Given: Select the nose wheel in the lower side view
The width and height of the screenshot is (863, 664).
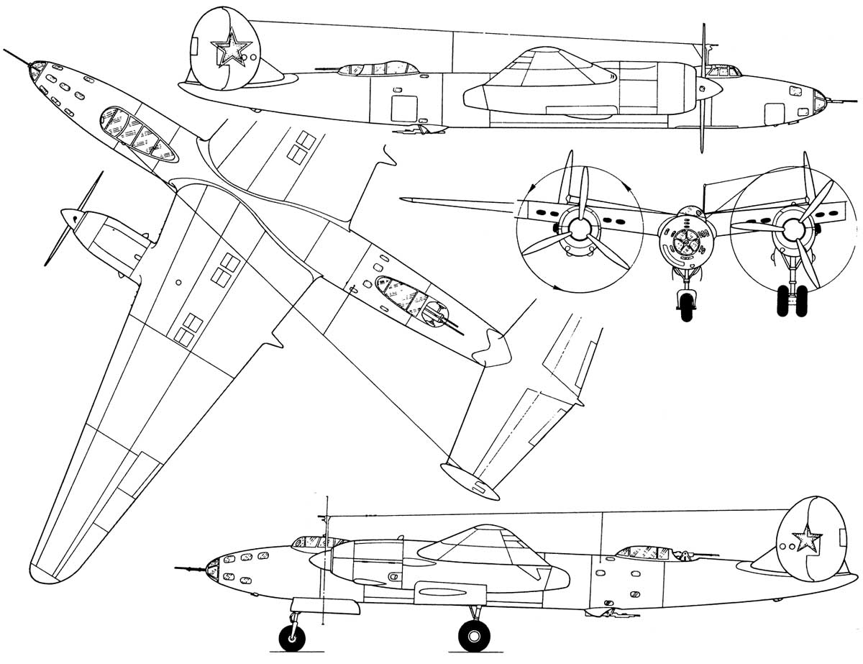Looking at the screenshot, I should (x=292, y=637).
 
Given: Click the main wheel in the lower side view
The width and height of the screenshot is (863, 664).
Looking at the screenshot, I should (x=475, y=636).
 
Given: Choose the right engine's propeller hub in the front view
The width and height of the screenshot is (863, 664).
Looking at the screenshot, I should (x=793, y=228).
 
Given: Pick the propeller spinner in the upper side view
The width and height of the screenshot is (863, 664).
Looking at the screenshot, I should (x=712, y=87).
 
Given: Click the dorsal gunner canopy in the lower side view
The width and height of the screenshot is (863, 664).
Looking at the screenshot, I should (x=644, y=552).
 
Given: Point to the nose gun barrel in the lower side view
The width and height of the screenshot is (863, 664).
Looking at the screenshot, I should (x=189, y=569).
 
